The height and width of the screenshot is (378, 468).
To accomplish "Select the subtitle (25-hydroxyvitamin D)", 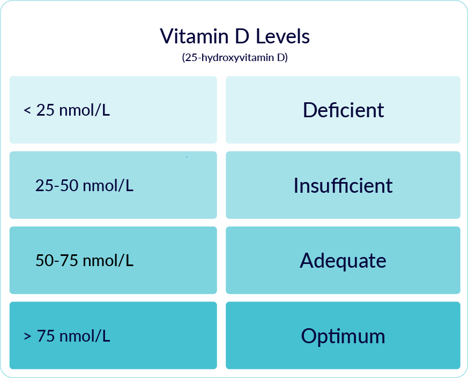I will [235, 57].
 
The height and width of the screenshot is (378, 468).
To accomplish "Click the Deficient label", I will [343, 110].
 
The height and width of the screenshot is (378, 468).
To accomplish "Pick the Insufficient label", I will [343, 186].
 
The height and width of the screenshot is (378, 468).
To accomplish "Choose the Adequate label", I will [343, 261].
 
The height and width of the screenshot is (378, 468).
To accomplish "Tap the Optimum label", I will [343, 336].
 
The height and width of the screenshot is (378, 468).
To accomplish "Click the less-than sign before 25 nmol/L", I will [27, 111].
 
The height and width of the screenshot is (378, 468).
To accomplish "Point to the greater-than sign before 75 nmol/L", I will [27, 337].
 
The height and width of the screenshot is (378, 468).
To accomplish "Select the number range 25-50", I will [57, 186].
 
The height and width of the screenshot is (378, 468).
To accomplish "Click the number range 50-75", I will [57, 261].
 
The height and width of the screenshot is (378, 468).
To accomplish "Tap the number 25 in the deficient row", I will [46, 111].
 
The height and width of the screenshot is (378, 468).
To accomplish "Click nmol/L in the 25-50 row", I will [108, 186].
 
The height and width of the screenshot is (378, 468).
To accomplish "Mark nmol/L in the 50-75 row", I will [108, 261].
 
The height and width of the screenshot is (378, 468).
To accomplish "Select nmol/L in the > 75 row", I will [85, 337].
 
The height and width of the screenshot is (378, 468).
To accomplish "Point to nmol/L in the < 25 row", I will [85, 111].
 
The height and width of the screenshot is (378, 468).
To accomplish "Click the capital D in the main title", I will [241, 36].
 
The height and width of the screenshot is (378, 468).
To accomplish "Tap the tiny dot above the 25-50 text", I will [187, 157].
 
